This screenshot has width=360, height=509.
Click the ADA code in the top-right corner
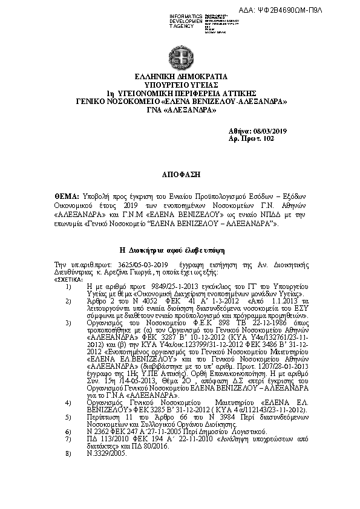[x=316, y=11]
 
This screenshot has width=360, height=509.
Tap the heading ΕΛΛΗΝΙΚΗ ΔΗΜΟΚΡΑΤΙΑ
[x=180, y=77]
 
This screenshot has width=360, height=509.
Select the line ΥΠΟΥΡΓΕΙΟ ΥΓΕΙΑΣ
[x=180, y=86]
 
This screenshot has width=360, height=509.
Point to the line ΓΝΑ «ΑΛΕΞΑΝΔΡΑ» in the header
[x=180, y=110]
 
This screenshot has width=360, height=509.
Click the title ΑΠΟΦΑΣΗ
[x=180, y=173]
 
